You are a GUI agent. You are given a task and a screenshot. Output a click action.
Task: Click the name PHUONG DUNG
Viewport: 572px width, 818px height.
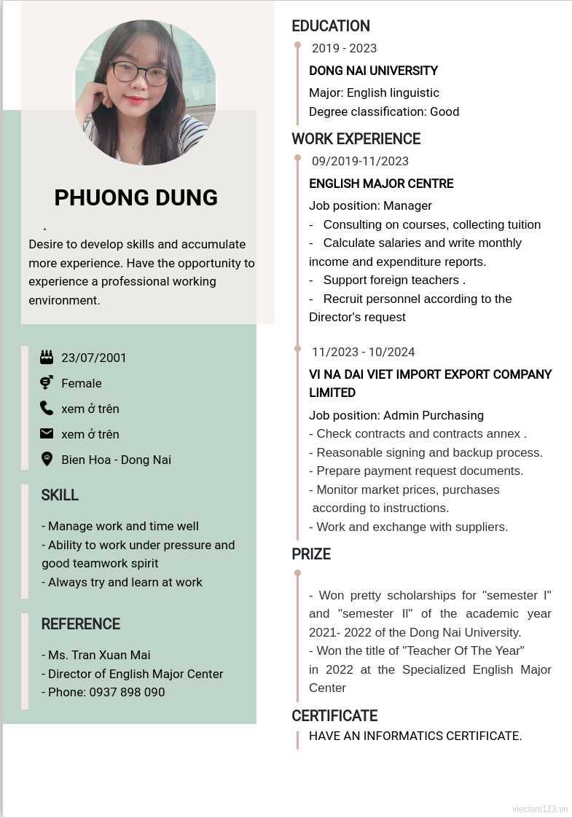click(x=136, y=197)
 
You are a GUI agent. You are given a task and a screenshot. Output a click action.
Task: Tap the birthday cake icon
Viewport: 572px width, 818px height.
click(x=47, y=357)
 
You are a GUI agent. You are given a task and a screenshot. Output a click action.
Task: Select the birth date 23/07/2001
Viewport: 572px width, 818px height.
click(x=94, y=358)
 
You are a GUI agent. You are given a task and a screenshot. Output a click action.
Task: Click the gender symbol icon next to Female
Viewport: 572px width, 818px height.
click(x=47, y=382)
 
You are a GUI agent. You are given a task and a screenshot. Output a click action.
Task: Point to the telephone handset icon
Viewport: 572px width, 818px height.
click(x=47, y=408)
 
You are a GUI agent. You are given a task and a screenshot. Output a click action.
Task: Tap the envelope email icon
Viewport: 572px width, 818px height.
click(x=47, y=433)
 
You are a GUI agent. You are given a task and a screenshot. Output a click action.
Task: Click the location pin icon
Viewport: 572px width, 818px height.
click(x=47, y=459)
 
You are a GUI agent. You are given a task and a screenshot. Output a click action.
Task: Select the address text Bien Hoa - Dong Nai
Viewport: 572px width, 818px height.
click(x=117, y=460)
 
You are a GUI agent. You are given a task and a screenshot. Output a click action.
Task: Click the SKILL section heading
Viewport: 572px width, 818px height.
click(x=60, y=495)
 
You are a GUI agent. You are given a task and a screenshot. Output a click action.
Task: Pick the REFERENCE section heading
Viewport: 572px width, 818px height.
click(x=80, y=624)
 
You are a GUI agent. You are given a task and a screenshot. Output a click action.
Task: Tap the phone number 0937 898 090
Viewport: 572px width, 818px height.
click(x=127, y=692)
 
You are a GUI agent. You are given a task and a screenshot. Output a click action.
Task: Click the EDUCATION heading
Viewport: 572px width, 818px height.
click(x=331, y=26)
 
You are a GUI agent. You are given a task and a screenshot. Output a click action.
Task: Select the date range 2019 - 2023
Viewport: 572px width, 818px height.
click(x=344, y=49)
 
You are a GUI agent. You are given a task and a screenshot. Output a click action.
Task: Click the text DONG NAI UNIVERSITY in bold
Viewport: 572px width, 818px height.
click(x=373, y=71)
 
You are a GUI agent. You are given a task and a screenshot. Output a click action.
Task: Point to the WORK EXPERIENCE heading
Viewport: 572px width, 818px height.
click(x=356, y=139)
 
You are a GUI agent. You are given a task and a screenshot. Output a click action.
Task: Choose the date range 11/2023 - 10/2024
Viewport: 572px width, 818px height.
click(x=363, y=353)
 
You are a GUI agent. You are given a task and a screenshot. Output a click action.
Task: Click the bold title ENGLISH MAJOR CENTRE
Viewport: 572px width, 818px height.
click(x=381, y=184)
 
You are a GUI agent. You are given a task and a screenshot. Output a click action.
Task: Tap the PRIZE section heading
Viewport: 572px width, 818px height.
click(x=311, y=554)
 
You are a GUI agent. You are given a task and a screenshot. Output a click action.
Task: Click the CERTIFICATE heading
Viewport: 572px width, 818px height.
click(x=334, y=716)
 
